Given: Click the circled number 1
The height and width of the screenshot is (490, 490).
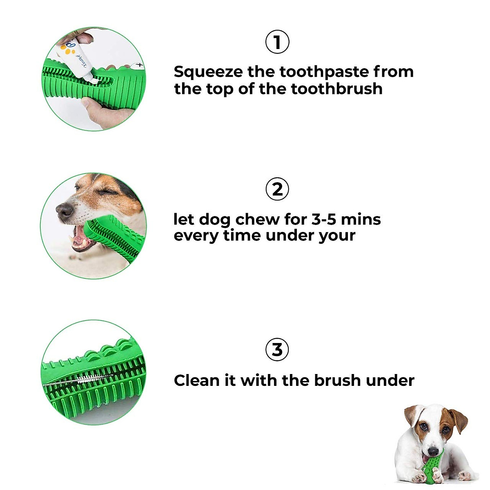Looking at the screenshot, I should [277, 42].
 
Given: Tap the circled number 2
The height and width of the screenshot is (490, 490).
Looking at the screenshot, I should [277, 189].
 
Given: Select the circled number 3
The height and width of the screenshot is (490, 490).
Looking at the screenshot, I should [277, 350].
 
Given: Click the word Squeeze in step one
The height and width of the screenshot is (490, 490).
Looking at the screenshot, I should [208, 72].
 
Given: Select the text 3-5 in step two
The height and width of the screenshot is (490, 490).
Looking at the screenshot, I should [324, 219].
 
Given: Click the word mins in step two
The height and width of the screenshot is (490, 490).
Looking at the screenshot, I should [361, 219].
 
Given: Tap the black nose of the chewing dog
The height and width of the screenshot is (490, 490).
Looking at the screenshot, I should [65, 211].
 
